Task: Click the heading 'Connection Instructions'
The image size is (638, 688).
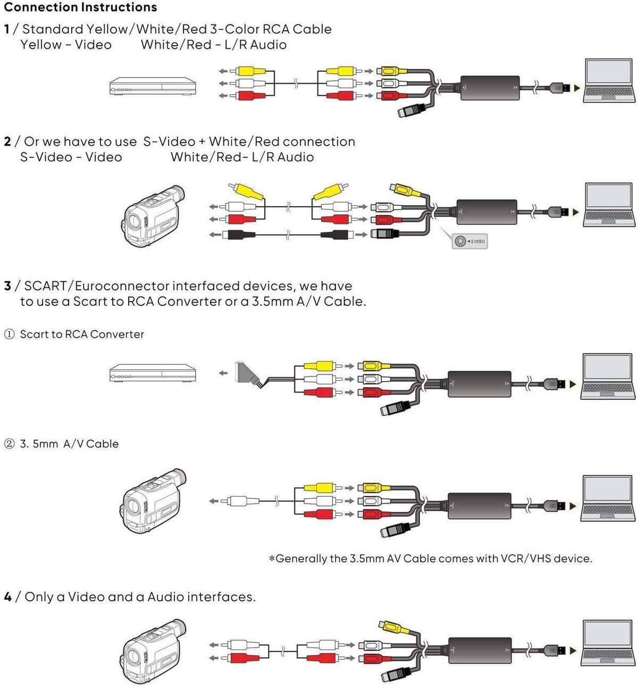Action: (80, 7)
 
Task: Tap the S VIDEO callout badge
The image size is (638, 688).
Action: (469, 241)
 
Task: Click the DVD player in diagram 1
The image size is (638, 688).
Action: (153, 87)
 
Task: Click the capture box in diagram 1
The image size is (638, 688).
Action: (490, 88)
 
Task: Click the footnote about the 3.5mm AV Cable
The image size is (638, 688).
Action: (430, 558)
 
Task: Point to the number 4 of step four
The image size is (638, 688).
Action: (7, 597)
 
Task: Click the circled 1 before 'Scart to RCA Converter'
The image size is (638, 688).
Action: (9, 334)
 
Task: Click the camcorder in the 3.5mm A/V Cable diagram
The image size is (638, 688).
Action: (153, 501)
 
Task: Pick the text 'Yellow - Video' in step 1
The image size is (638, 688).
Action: (66, 45)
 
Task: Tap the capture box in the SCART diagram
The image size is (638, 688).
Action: (479, 384)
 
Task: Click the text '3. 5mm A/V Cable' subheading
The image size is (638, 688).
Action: (69, 444)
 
